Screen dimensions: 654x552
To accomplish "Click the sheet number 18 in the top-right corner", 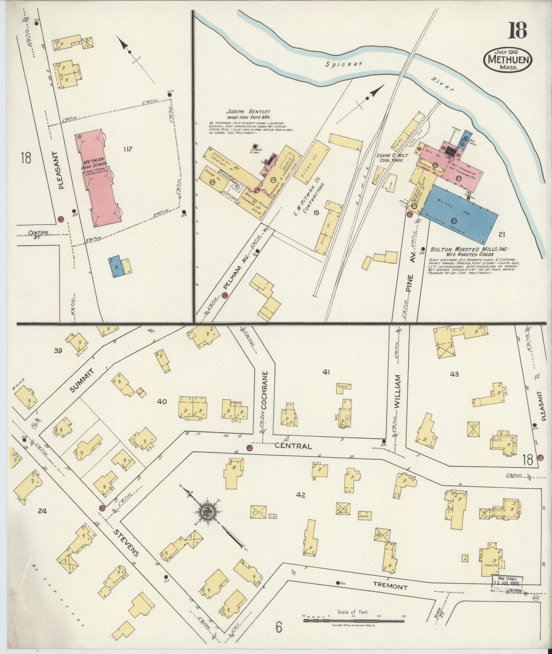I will (517, 31).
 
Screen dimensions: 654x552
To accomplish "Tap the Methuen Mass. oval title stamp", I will (508, 60).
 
